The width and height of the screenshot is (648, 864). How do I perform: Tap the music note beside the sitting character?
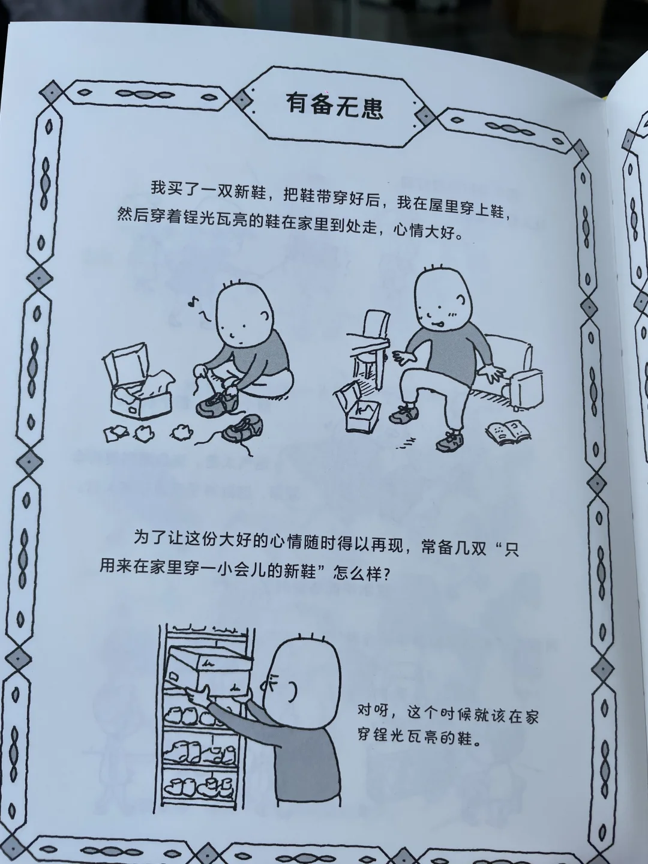(x=193, y=302)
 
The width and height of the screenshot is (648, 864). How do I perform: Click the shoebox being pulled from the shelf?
(x=209, y=673)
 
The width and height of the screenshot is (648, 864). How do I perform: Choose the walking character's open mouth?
(x=437, y=325)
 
